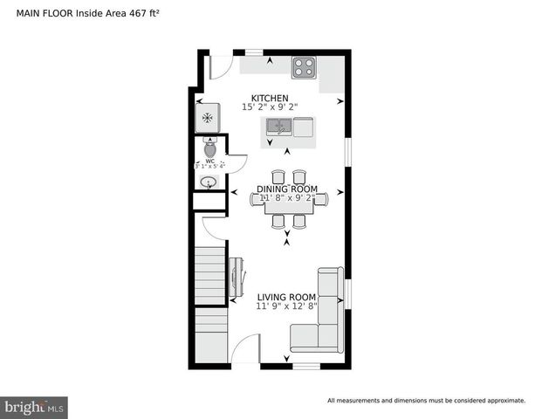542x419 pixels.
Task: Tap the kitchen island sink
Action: [279, 127]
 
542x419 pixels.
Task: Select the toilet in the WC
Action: [209, 146]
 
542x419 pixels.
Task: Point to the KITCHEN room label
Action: [270, 98]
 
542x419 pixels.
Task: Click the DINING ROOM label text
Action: [286, 189]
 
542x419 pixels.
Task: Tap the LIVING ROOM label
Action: [286, 298]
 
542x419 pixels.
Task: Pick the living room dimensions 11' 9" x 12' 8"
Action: [286, 307]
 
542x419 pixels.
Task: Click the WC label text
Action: [209, 161]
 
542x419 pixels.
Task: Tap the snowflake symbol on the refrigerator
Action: [207, 118]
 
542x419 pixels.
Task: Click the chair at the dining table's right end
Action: [321, 199]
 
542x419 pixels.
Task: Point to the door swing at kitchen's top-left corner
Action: [220, 66]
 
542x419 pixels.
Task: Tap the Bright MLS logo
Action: [34, 407]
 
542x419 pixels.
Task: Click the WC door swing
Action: [236, 163]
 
